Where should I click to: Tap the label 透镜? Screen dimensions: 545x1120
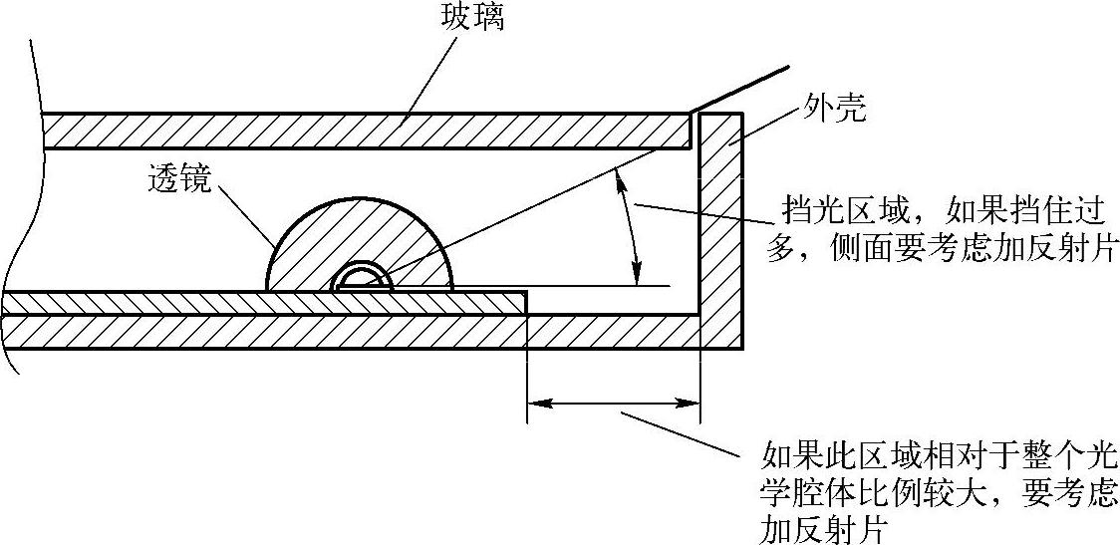pyautogui.click(x=178, y=179)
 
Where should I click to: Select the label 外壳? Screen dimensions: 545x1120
pyautogui.click(x=832, y=108)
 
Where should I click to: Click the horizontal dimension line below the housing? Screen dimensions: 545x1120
pyautogui.click(x=613, y=403)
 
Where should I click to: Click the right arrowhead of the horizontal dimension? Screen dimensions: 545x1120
pyautogui.click(x=692, y=403)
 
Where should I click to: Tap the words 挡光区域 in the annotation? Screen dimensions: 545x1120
pyautogui.click(x=832, y=212)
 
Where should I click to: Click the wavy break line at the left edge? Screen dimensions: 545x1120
pyautogui.click(x=22, y=199)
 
